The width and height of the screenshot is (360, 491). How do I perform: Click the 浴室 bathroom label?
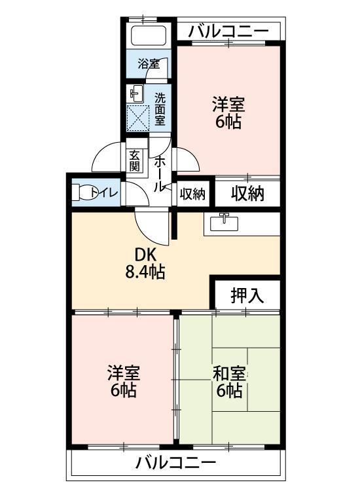148,64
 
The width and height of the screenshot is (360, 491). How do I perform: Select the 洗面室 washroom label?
160,108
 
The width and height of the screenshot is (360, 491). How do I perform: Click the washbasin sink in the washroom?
136,92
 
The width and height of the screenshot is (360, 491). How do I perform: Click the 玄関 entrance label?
135,160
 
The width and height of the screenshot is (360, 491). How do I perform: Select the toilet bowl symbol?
84,192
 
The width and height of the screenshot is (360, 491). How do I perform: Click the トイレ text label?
105,192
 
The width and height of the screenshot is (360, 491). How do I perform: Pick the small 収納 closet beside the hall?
192,194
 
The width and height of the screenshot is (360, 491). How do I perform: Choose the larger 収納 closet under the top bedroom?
247,194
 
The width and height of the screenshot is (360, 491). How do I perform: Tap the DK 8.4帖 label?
145,263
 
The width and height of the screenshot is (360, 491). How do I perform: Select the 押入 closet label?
247,295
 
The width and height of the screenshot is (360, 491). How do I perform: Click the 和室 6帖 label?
229,382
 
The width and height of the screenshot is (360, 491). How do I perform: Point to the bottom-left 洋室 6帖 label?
123,382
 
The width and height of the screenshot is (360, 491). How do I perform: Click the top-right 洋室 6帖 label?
228,113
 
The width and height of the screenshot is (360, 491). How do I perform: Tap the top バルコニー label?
228,31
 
